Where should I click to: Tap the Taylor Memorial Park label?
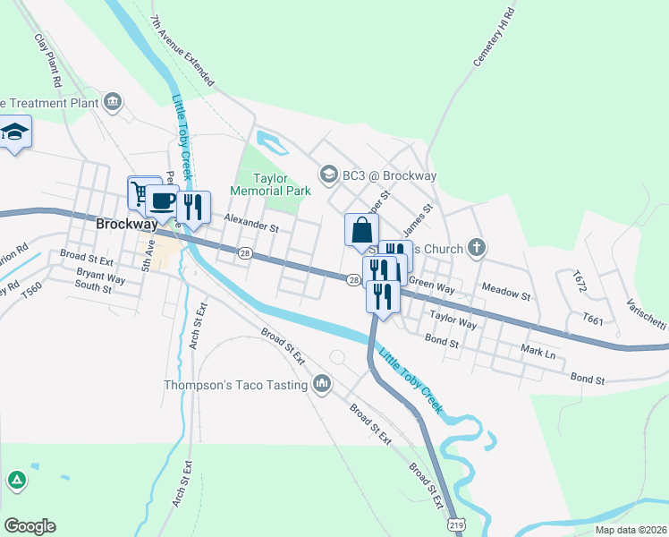tap(270, 184)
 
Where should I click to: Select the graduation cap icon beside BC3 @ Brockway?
tap(328, 175)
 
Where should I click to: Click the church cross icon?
tap(477, 248)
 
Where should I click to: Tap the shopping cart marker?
tap(140, 192)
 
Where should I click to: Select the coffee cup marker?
tap(163, 201)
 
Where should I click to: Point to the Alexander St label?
tap(251, 222)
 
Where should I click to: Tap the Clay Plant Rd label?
tap(47, 61)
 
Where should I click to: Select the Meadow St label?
tap(506, 290)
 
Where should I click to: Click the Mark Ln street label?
tap(538, 353)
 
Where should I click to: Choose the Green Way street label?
tap(431, 286)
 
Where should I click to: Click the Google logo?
tap(30, 526)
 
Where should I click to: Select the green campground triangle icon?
tap(16, 481)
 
